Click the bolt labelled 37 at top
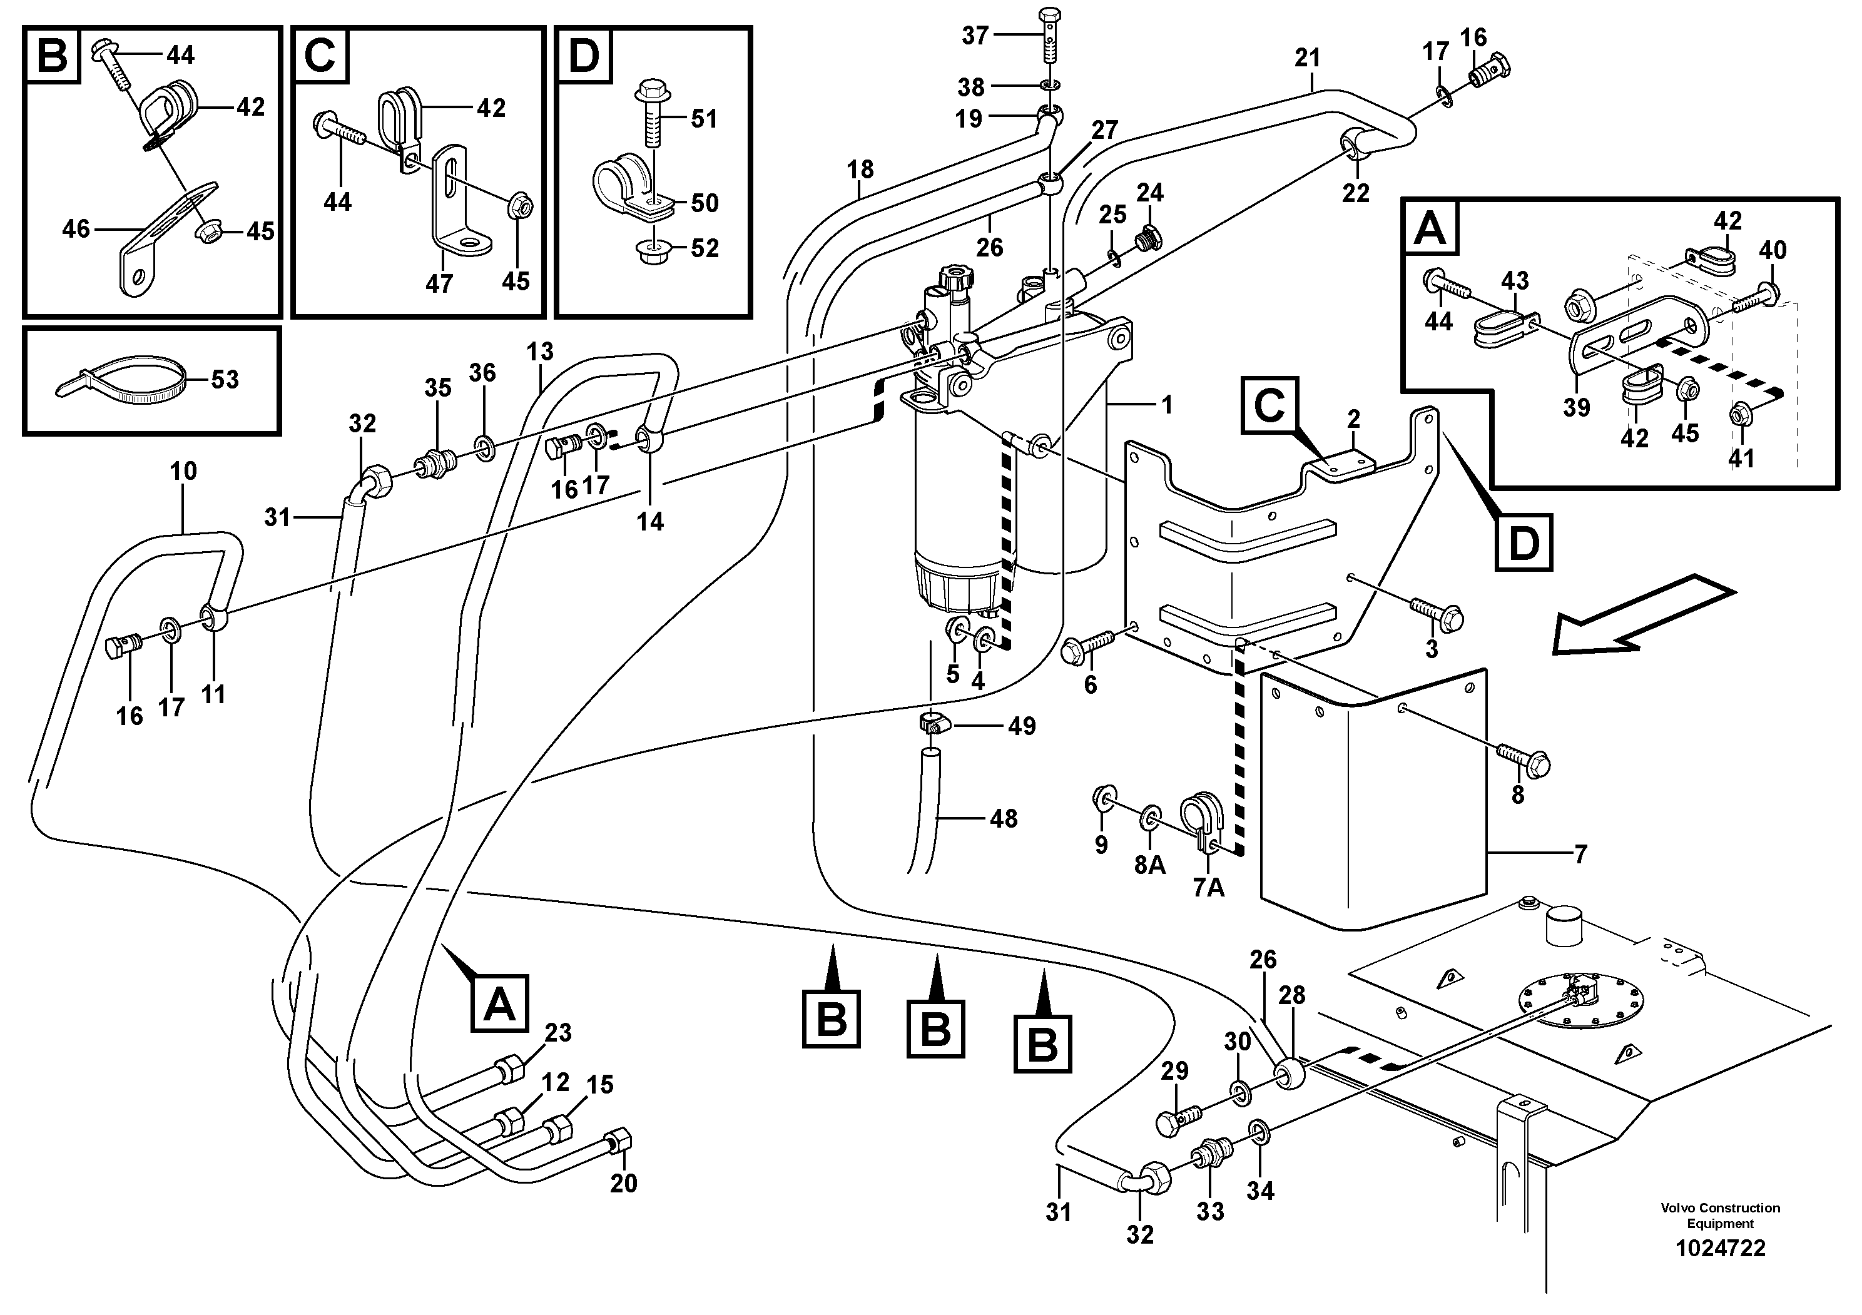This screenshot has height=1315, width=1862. tap(1048, 36)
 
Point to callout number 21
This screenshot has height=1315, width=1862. tap(1307, 58)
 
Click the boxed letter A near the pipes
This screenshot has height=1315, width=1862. tap(499, 1005)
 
